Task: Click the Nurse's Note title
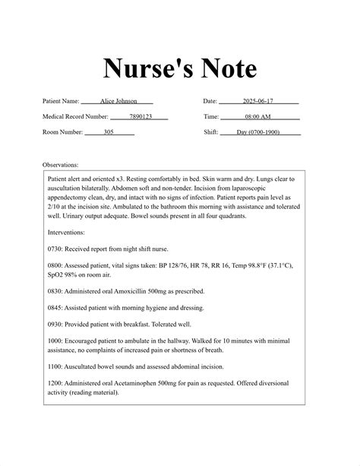(x=180, y=68)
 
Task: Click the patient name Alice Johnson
(x=117, y=101)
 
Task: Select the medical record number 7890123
(x=141, y=117)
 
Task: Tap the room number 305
(x=109, y=132)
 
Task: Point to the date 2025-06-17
(x=258, y=101)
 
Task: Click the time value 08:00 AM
(x=258, y=117)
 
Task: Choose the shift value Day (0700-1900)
(x=258, y=132)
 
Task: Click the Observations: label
(x=61, y=164)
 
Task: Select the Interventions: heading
(x=66, y=232)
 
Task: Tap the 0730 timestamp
(x=55, y=249)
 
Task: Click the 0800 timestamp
(x=55, y=265)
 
